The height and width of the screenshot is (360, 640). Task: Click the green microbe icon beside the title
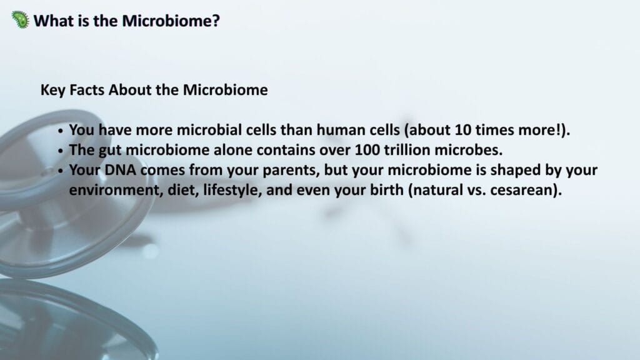pyautogui.click(x=21, y=19)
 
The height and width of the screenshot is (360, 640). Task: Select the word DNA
pyautogui.click(x=120, y=170)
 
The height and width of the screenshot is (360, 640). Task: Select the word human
pyautogui.click(x=341, y=130)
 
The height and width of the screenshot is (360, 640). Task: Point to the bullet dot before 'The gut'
pyautogui.click(x=61, y=151)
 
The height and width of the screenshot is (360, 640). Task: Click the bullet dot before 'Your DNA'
pyautogui.click(x=61, y=171)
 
